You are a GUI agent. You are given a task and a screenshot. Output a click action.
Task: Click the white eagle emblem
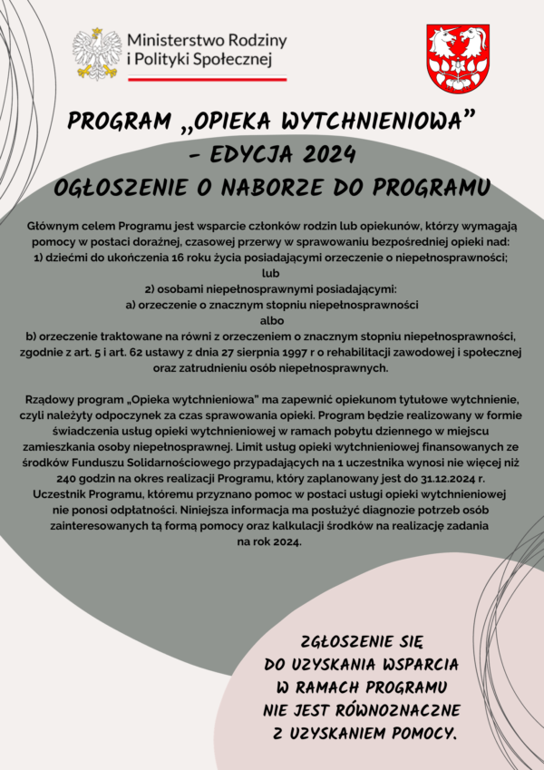pyautogui.click(x=97, y=54)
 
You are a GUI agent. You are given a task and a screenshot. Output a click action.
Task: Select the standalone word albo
pyautogui.click(x=271, y=320)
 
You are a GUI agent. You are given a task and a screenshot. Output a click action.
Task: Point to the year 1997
pyautogui.click(x=311, y=352)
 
